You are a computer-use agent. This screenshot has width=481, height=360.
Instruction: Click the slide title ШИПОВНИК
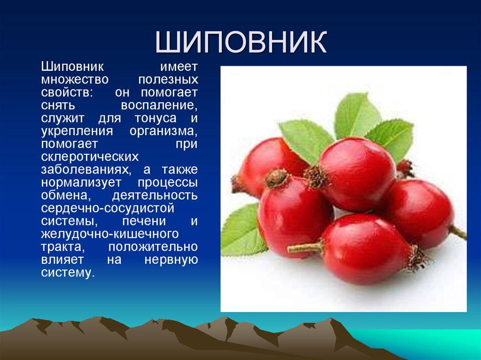pos(240,42)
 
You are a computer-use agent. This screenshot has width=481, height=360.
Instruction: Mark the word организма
pos(164,130)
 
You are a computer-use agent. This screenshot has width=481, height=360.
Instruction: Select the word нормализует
pos(81,182)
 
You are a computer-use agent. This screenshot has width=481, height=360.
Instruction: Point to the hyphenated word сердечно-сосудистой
pos(108,207)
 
